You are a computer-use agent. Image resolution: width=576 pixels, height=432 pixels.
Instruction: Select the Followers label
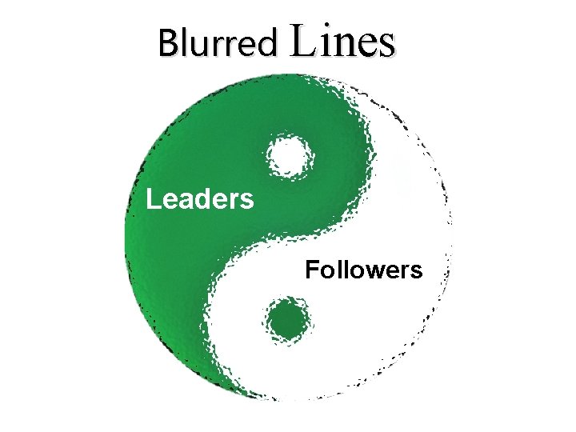pyautogui.click(x=363, y=270)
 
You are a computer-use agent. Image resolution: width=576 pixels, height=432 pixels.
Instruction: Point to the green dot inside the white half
pyautogui.click(x=287, y=320)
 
